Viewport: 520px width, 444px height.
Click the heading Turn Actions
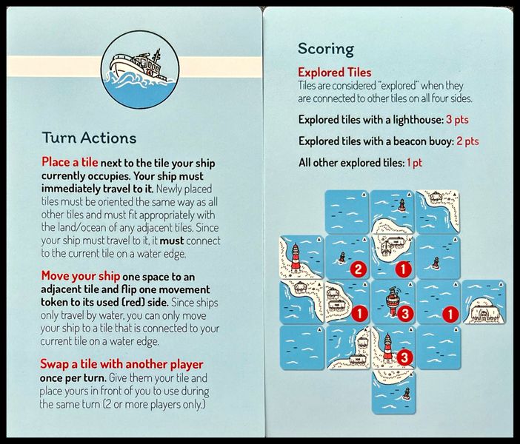pyautogui.click(x=89, y=138)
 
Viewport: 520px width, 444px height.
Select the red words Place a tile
pyautogui.click(x=70, y=162)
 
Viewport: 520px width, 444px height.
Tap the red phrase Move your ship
pyautogui.click(x=81, y=276)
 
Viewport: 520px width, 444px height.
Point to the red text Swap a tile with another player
pyautogui.click(x=121, y=364)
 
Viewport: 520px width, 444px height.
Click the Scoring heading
pyautogui.click(x=326, y=49)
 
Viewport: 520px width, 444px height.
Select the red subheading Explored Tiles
pyautogui.click(x=334, y=73)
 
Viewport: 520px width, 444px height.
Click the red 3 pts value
pyautogui.click(x=457, y=120)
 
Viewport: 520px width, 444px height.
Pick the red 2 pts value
pyautogui.click(x=467, y=141)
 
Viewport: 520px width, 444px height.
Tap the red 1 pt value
pyautogui.click(x=415, y=163)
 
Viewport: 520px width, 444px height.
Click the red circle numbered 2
pyautogui.click(x=359, y=269)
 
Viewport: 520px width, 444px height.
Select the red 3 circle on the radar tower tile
pyautogui.click(x=405, y=314)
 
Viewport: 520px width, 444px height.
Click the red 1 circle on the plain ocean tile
pyautogui.click(x=450, y=314)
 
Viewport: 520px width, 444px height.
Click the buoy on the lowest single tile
pyautogui.click(x=406, y=394)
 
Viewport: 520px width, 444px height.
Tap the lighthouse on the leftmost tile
pyautogui.click(x=296, y=257)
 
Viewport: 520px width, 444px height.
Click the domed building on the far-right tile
pyautogui.click(x=484, y=312)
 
